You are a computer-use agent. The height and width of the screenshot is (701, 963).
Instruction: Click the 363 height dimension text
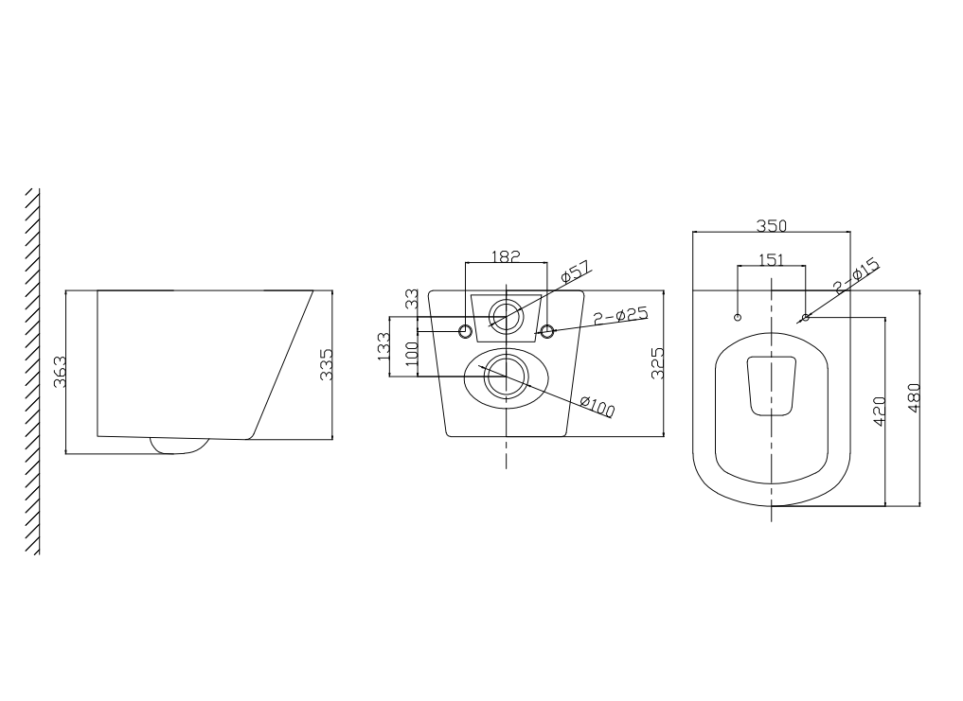(x=59, y=372)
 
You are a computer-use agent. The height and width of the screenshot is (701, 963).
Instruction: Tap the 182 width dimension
(x=507, y=255)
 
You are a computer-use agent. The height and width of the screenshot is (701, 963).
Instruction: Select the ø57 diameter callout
(x=576, y=271)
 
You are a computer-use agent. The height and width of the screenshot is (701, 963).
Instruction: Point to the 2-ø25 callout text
(x=619, y=314)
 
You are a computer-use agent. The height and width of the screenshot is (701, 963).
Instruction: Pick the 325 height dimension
(x=657, y=363)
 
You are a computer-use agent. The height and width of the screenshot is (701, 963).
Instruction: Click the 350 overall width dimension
(x=772, y=225)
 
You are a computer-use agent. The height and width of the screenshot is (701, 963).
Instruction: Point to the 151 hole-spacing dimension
(x=771, y=260)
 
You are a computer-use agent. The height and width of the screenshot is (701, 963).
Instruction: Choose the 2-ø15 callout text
(x=856, y=275)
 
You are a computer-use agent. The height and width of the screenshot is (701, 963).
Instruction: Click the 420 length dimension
(x=878, y=412)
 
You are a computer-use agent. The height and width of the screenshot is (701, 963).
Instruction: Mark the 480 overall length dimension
(x=914, y=397)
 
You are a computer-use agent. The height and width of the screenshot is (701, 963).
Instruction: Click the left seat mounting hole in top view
(x=739, y=316)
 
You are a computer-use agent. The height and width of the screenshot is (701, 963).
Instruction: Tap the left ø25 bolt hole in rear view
(x=465, y=331)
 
